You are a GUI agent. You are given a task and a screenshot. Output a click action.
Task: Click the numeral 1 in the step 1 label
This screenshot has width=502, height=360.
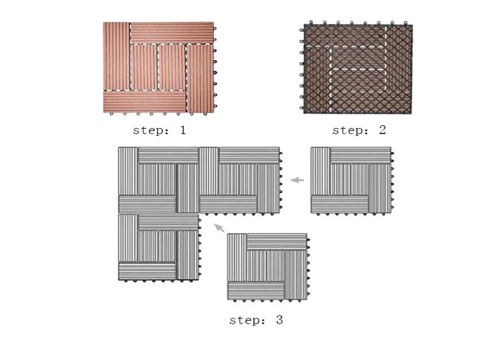coord(182,130)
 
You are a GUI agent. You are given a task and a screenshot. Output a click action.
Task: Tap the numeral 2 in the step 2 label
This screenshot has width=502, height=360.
coord(383,130)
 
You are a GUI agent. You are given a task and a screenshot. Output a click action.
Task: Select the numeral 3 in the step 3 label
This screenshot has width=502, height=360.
coord(279,320)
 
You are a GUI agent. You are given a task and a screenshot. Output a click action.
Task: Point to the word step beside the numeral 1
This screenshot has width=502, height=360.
coord(147,131)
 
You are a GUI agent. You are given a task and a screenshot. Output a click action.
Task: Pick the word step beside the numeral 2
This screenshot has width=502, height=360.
coord(347,131)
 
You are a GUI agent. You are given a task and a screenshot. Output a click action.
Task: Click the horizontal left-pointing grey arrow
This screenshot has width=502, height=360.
coord(297,180)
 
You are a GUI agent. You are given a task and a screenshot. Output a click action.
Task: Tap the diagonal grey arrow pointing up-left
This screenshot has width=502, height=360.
coord(219,227)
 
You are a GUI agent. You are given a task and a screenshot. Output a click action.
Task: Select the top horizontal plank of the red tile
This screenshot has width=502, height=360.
coord(172,32)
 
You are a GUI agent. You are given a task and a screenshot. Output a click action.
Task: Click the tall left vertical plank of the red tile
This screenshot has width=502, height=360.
coord(116,57)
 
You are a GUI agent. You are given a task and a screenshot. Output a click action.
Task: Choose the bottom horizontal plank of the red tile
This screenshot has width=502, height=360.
coord(145,101)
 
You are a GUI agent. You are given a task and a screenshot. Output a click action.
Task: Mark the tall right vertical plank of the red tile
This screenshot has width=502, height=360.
coord(200,79)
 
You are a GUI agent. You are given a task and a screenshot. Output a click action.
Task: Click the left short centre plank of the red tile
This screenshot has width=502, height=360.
coord(144,68)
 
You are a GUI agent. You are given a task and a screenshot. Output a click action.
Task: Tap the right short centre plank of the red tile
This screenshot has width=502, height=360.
coord(172,68)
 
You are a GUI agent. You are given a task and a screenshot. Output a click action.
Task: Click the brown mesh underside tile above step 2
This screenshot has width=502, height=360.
coord(358,69)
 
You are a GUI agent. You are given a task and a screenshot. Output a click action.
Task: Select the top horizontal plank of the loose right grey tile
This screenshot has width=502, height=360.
coord(360,155)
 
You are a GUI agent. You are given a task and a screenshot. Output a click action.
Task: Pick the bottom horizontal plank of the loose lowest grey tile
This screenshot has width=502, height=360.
coord(256,290)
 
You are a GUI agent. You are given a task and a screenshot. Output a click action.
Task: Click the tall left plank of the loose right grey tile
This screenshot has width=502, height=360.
coord(320,171)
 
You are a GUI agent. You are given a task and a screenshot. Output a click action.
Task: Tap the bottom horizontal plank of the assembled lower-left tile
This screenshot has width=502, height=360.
coord(147,271)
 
